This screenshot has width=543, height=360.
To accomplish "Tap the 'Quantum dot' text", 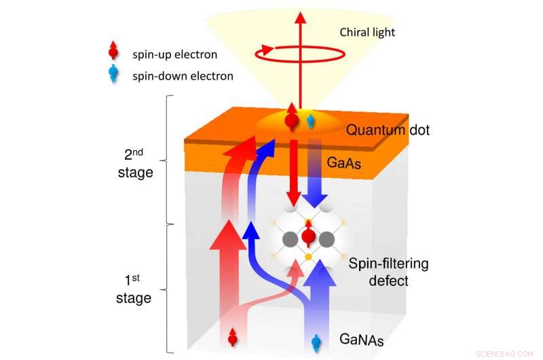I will click(x=388, y=130).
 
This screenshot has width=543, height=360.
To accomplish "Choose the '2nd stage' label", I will click(x=134, y=163).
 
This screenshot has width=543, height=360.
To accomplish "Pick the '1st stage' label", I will click(x=134, y=288).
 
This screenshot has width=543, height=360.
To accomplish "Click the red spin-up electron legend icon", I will click(x=113, y=54).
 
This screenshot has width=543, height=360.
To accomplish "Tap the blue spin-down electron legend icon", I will click(x=113, y=74).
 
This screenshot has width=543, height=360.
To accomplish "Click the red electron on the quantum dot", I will click(x=293, y=120).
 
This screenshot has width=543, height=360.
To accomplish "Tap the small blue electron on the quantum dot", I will click(x=311, y=121).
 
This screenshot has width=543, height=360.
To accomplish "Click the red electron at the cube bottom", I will click(x=233, y=336).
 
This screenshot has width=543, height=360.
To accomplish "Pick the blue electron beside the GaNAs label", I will click(x=316, y=342).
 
